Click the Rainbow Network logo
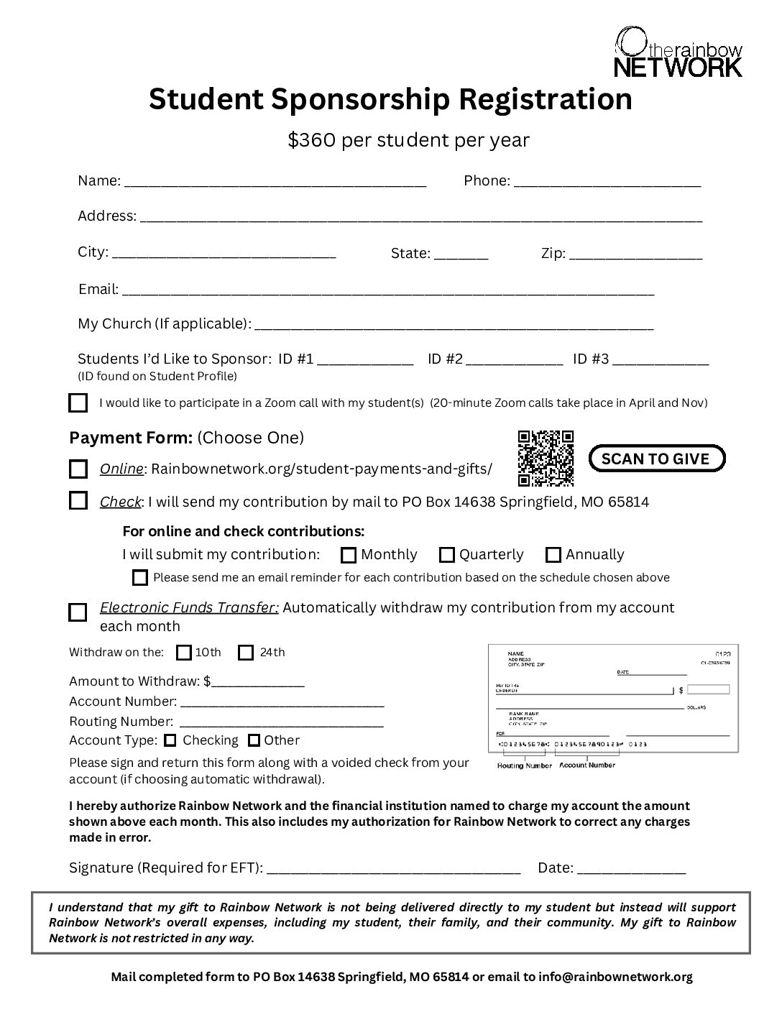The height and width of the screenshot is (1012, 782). pyautogui.click(x=678, y=52)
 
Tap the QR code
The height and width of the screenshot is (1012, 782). pyautogui.click(x=546, y=458)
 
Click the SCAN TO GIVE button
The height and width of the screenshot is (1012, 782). pyautogui.click(x=656, y=459)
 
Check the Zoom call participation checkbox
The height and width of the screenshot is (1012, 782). pyautogui.click(x=78, y=402)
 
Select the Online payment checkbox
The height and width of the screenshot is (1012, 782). pyautogui.click(x=78, y=469)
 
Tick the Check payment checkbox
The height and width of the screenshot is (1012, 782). pyautogui.click(x=78, y=501)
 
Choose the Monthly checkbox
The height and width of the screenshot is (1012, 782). pyautogui.click(x=349, y=555)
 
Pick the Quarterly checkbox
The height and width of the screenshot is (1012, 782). pyautogui.click(x=447, y=555)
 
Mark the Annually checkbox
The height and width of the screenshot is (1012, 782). pyautogui.click(x=553, y=555)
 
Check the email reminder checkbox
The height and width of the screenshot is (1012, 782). pyautogui.click(x=140, y=577)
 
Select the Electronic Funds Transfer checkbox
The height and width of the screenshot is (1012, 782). pyautogui.click(x=78, y=612)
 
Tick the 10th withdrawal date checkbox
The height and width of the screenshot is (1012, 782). pyautogui.click(x=184, y=653)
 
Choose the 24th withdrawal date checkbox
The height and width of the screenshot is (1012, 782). pyautogui.click(x=246, y=653)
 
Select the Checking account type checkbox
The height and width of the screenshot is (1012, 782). pyautogui.click(x=170, y=740)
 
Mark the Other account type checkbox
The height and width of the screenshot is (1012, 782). pyautogui.click(x=254, y=740)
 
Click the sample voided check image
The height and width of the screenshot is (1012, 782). pyautogui.click(x=610, y=699)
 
